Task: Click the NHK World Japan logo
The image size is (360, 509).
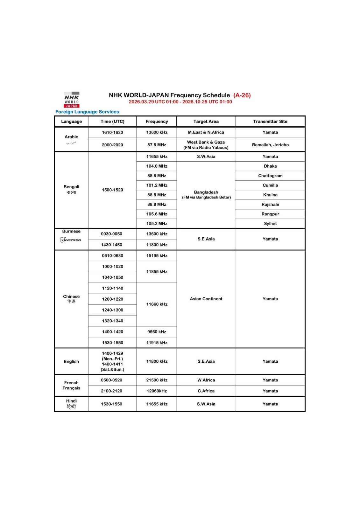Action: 72,100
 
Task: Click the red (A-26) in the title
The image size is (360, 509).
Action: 242,95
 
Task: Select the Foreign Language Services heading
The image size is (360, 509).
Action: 87,112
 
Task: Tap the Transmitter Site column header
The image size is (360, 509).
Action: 270,122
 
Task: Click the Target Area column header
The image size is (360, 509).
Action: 206,122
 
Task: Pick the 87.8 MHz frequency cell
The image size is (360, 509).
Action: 157,145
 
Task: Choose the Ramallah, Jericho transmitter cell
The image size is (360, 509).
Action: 270,145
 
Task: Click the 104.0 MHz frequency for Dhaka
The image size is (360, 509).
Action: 157,166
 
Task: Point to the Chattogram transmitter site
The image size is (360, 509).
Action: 270,176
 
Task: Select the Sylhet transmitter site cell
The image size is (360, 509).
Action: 270,224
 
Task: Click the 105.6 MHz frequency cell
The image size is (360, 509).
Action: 157,214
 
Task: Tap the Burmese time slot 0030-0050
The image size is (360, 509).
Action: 112,234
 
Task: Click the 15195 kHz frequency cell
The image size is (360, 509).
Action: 157,255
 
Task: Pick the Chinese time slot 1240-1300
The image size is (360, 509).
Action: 112,310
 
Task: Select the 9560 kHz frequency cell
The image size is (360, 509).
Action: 157,332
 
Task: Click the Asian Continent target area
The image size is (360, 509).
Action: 206,299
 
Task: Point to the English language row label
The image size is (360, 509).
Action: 71,361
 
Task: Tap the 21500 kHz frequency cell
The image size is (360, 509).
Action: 157,380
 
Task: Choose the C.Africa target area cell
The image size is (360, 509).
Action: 206,391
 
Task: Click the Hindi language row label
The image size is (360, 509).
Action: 71,404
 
